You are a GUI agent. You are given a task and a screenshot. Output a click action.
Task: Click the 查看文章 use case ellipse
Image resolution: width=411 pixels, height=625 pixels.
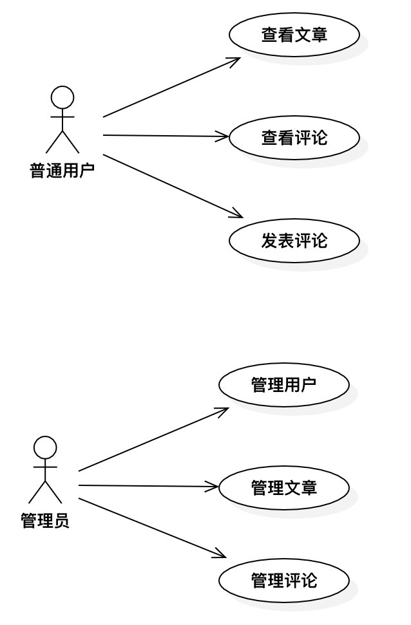[294, 34]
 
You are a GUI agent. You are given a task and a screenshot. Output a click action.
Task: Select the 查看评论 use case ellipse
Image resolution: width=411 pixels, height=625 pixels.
[294, 138]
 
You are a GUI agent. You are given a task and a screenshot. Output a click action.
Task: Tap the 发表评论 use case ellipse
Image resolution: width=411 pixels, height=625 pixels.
[294, 240]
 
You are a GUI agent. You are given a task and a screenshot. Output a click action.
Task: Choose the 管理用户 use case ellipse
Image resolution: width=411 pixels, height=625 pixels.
[283, 385]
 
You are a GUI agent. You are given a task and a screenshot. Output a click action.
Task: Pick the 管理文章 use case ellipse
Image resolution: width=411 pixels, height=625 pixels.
[283, 487]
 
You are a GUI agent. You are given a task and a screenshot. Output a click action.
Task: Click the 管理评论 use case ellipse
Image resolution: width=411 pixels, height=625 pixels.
[283, 581]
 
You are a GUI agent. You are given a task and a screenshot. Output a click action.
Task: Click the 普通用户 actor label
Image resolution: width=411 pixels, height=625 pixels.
[62, 170]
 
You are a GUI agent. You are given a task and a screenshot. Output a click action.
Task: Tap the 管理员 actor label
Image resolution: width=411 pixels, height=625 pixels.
[45, 520]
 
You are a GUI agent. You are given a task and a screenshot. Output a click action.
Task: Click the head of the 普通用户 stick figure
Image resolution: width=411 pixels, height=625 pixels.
[62, 97]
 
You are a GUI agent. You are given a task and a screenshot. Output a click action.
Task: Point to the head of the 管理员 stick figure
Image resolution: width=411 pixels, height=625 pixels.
[46, 447]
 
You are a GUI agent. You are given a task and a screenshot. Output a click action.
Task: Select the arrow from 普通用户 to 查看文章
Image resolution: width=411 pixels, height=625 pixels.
[171, 88]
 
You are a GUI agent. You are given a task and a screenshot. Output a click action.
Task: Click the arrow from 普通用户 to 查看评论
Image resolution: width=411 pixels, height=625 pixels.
[166, 136]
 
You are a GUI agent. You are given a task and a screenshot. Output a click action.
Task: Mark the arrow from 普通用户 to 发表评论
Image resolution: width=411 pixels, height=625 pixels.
[173, 186]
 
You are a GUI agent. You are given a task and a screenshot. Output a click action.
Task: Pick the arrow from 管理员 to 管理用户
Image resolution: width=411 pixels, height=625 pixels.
[154, 439]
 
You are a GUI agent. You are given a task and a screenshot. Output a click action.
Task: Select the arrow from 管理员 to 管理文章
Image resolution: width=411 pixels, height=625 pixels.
[148, 486]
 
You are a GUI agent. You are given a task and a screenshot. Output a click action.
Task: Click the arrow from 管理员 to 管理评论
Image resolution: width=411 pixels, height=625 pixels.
[153, 528]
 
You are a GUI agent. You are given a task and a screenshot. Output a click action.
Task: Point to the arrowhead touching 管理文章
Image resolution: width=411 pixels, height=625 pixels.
[212, 487]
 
